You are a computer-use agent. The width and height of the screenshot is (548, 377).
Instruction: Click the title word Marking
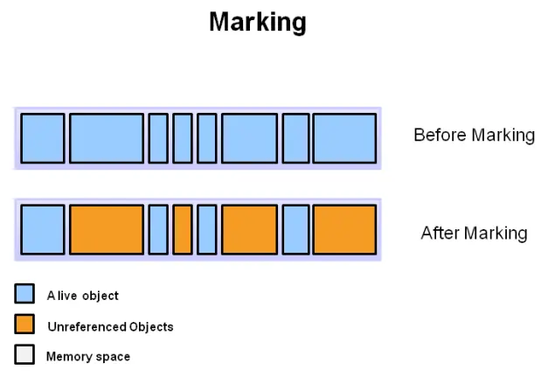[258, 22]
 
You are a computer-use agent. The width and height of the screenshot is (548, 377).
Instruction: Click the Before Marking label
[474, 135]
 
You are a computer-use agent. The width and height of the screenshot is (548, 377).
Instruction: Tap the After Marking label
[474, 233]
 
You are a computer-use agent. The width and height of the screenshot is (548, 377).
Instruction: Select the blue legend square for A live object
[25, 294]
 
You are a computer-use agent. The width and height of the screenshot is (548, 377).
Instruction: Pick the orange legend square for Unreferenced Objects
[25, 325]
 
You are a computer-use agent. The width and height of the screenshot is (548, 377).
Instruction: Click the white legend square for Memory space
[25, 355]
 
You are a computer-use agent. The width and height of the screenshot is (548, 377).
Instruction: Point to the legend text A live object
[83, 296]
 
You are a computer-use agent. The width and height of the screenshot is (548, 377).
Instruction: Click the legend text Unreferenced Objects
[110, 327]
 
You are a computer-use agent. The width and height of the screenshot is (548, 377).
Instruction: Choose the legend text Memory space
[88, 357]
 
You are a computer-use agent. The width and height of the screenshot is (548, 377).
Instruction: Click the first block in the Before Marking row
[42, 137]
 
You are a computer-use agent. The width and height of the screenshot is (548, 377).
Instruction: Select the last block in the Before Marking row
[344, 137]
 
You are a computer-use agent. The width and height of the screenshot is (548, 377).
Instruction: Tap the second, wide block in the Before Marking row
[106, 137]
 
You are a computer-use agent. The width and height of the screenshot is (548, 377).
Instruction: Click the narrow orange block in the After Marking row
[182, 229]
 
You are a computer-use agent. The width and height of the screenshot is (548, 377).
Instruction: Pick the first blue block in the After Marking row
[42, 229]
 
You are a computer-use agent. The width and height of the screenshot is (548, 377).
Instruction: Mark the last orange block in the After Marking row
[344, 229]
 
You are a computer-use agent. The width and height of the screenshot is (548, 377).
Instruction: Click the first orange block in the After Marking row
[106, 229]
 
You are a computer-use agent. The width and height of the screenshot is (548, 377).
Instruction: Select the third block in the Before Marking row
[158, 137]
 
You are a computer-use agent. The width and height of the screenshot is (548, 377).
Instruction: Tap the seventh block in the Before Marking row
[295, 137]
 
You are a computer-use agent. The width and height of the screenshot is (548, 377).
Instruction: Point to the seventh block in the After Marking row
[295, 229]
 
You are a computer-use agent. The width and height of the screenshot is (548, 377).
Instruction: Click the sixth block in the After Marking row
[249, 229]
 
